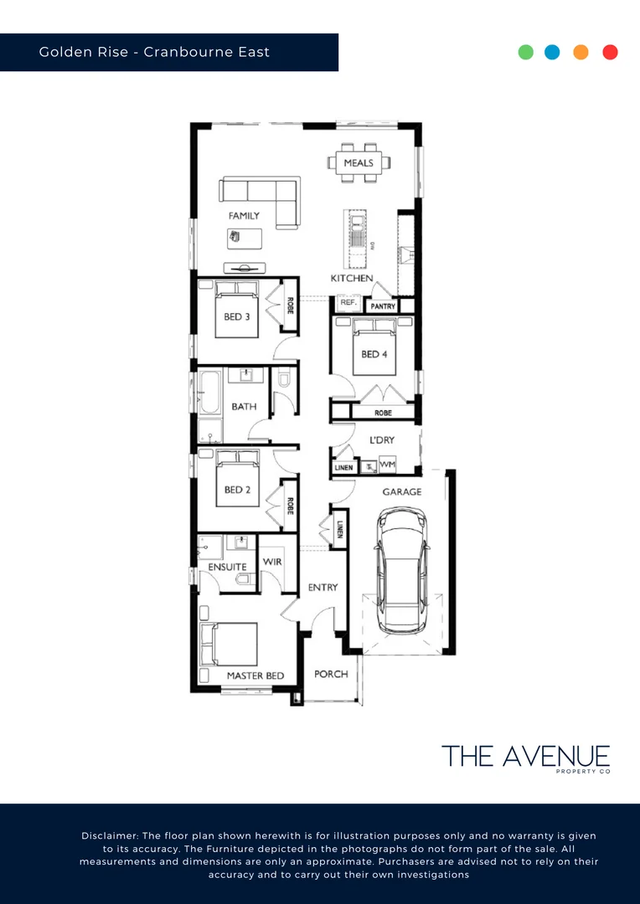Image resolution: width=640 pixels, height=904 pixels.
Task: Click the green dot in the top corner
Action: pyautogui.click(x=526, y=52)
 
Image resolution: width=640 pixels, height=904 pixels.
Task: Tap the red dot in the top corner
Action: pyautogui.click(x=610, y=52)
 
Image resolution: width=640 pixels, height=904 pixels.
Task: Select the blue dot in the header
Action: pyautogui.click(x=552, y=52)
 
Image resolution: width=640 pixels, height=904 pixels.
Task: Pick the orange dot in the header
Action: pyautogui.click(x=581, y=52)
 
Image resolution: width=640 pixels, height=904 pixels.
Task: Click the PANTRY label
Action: pyautogui.click(x=383, y=307)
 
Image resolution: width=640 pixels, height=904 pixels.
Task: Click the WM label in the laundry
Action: pyautogui.click(x=387, y=465)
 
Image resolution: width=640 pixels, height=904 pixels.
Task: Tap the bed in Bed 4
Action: pyautogui.click(x=371, y=352)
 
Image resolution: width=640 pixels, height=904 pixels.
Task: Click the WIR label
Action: pyautogui.click(x=271, y=562)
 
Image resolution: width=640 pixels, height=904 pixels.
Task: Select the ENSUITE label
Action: pyautogui.click(x=228, y=567)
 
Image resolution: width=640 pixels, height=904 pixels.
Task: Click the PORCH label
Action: pyautogui.click(x=331, y=674)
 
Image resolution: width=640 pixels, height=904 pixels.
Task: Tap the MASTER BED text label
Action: pyautogui.click(x=255, y=675)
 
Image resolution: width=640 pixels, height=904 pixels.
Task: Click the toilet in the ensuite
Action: pyautogui.click(x=243, y=577)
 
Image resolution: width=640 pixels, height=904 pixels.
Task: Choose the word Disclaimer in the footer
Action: pyautogui.click(x=109, y=836)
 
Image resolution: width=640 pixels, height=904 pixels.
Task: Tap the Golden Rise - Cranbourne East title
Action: pyautogui.click(x=154, y=52)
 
